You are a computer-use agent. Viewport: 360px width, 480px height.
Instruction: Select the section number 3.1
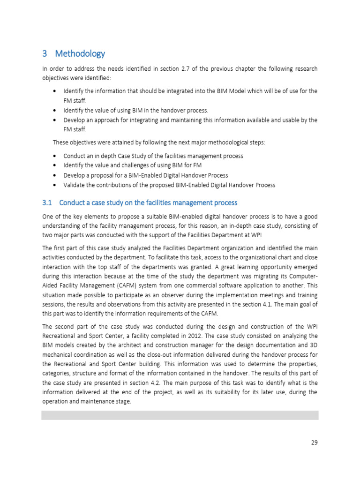pyautogui.click(x=47, y=203)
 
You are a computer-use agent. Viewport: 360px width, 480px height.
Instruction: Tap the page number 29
pyautogui.click(x=314, y=442)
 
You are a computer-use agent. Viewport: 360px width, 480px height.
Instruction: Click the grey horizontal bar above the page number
pyautogui.click(x=180, y=415)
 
